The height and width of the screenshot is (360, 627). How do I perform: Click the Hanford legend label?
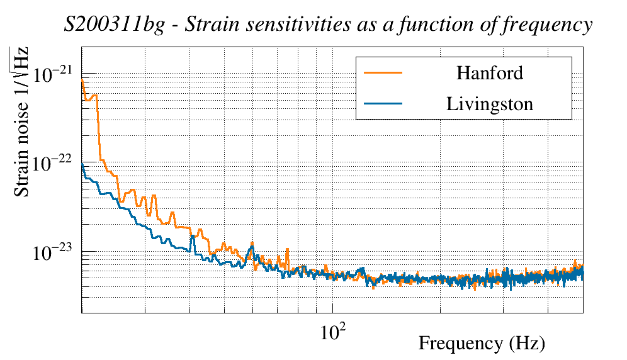pyautogui.click(x=489, y=73)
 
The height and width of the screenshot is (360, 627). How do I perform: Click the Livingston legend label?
pyautogui.click(x=489, y=104)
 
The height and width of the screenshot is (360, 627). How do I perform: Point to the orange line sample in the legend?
pyautogui.click(x=383, y=73)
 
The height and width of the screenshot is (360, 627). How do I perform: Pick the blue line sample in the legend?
pyautogui.click(x=383, y=104)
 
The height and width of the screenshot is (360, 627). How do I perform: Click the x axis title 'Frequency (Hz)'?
pyautogui.click(x=481, y=344)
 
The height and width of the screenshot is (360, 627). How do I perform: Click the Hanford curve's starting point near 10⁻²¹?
pyautogui.click(x=82, y=81)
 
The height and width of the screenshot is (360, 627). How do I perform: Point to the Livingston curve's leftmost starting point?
pyautogui.click(x=82, y=165)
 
